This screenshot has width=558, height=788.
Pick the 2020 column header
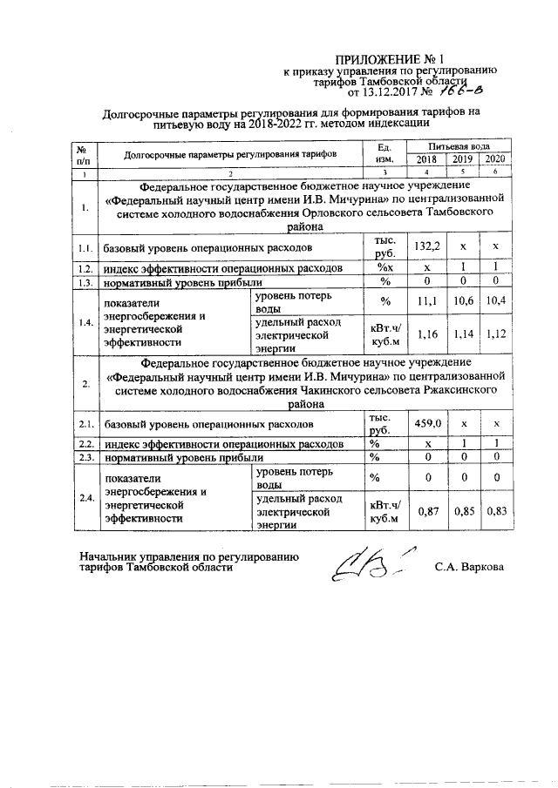tap(494, 159)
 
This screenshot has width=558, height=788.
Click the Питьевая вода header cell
tap(459, 146)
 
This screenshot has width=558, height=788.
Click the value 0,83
tap(494, 510)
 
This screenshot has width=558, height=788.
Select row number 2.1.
tap(85, 424)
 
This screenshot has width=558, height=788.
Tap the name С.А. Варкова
tap(469, 567)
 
